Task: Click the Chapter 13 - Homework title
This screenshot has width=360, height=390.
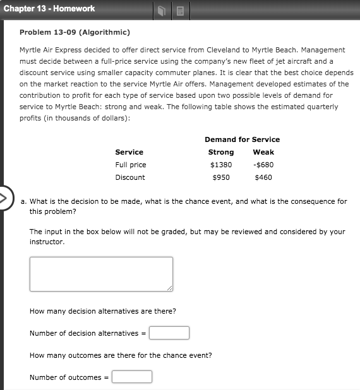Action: coord(49,9)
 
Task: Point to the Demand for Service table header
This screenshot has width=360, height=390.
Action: coord(242,139)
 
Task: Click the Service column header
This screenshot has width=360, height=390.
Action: coord(129,152)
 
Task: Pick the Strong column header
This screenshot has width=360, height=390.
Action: coord(221,152)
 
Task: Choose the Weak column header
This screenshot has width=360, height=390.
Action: coord(263,152)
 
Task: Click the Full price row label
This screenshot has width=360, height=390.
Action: coord(130,165)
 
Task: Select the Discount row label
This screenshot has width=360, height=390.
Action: coord(130,177)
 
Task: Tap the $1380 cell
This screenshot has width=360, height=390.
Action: coord(221,165)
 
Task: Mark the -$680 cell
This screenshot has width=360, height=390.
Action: coord(263,165)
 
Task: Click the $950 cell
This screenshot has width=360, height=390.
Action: coord(221,177)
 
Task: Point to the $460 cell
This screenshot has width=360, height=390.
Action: coord(263,177)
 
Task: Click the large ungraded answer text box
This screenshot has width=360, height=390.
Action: coord(101,274)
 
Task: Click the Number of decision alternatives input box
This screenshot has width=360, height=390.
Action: coord(169,333)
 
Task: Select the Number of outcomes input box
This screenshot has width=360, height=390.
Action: coord(132,377)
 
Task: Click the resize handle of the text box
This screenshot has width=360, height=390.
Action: coord(169,288)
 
